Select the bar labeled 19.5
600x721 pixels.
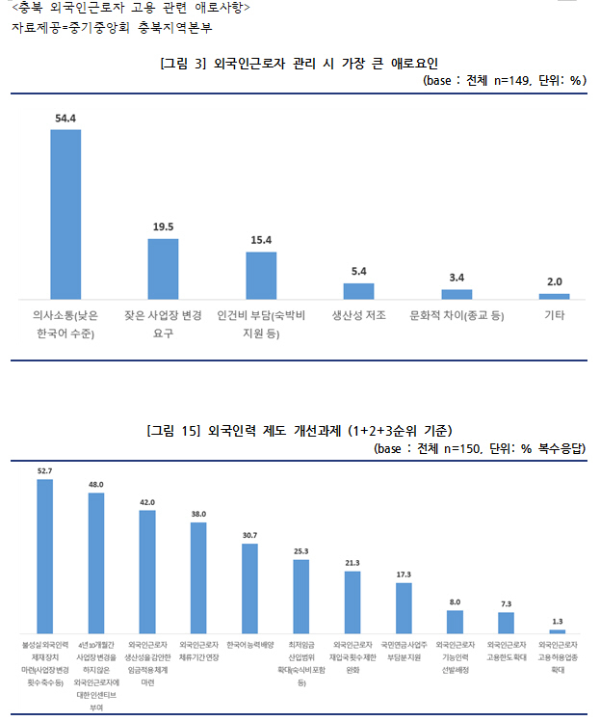[163, 269]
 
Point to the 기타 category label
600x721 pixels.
[554, 315]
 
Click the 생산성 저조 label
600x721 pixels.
[358, 315]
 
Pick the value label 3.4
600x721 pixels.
[457, 279]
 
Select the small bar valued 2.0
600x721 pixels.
[554, 296]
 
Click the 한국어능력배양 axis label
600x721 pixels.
[249, 644]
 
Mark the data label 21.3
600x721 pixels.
[352, 562]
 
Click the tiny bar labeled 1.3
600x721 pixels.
[557, 631]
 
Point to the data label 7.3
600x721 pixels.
[506, 603]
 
